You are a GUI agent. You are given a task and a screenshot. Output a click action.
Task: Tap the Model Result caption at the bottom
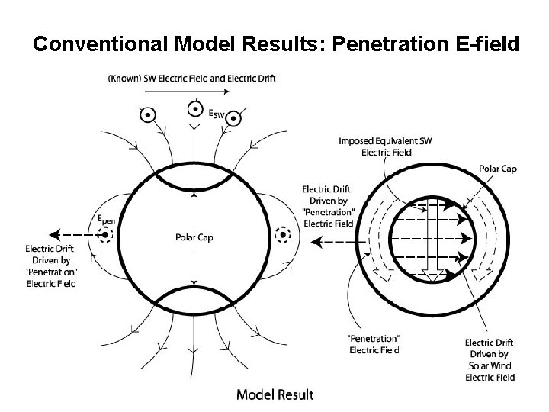274,394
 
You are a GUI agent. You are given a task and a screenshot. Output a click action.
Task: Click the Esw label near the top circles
217,116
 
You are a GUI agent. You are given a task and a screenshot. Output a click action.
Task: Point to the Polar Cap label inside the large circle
194,238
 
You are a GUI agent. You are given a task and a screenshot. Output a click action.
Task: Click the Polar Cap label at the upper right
498,168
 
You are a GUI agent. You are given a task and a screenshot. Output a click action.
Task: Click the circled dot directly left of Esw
194,110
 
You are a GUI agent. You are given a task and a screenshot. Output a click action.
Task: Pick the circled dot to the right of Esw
235,118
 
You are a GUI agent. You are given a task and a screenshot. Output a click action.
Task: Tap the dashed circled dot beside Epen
105,235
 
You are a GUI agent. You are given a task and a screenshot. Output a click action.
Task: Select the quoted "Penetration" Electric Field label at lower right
374,345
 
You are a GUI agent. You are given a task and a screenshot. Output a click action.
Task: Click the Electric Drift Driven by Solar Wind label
490,360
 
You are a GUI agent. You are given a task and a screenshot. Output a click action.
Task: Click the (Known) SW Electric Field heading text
191,78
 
